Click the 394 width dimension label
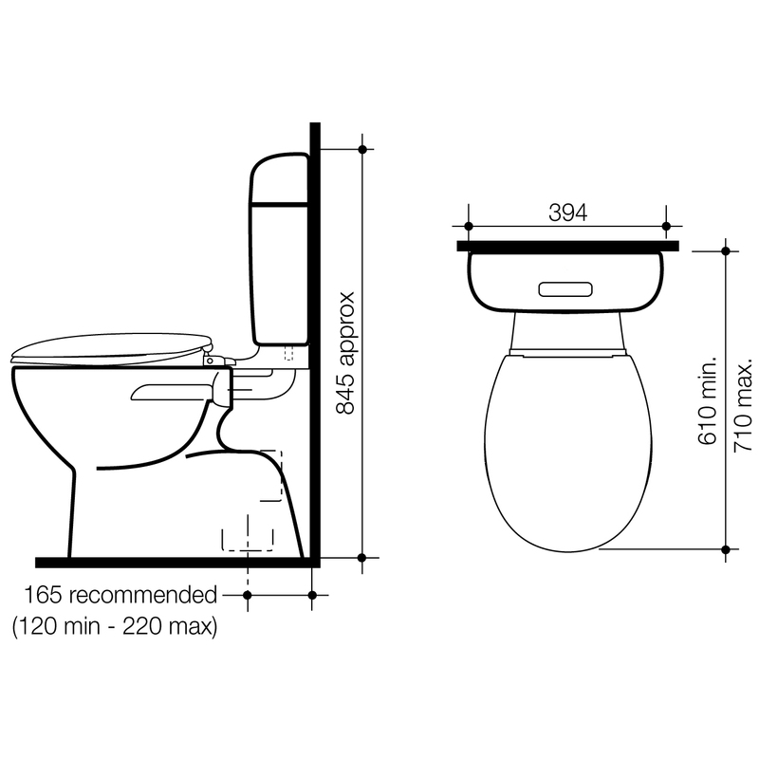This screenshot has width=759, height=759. (567, 213)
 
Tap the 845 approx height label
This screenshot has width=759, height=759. (345, 353)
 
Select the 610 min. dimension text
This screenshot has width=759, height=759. (707, 400)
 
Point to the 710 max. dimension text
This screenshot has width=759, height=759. (743, 405)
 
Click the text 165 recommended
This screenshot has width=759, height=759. (120, 595)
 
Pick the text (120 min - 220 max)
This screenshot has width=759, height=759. (115, 627)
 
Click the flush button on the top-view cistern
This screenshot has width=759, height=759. (565, 289)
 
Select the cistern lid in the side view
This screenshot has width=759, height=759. (279, 178)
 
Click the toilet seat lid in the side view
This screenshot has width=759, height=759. (112, 347)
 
